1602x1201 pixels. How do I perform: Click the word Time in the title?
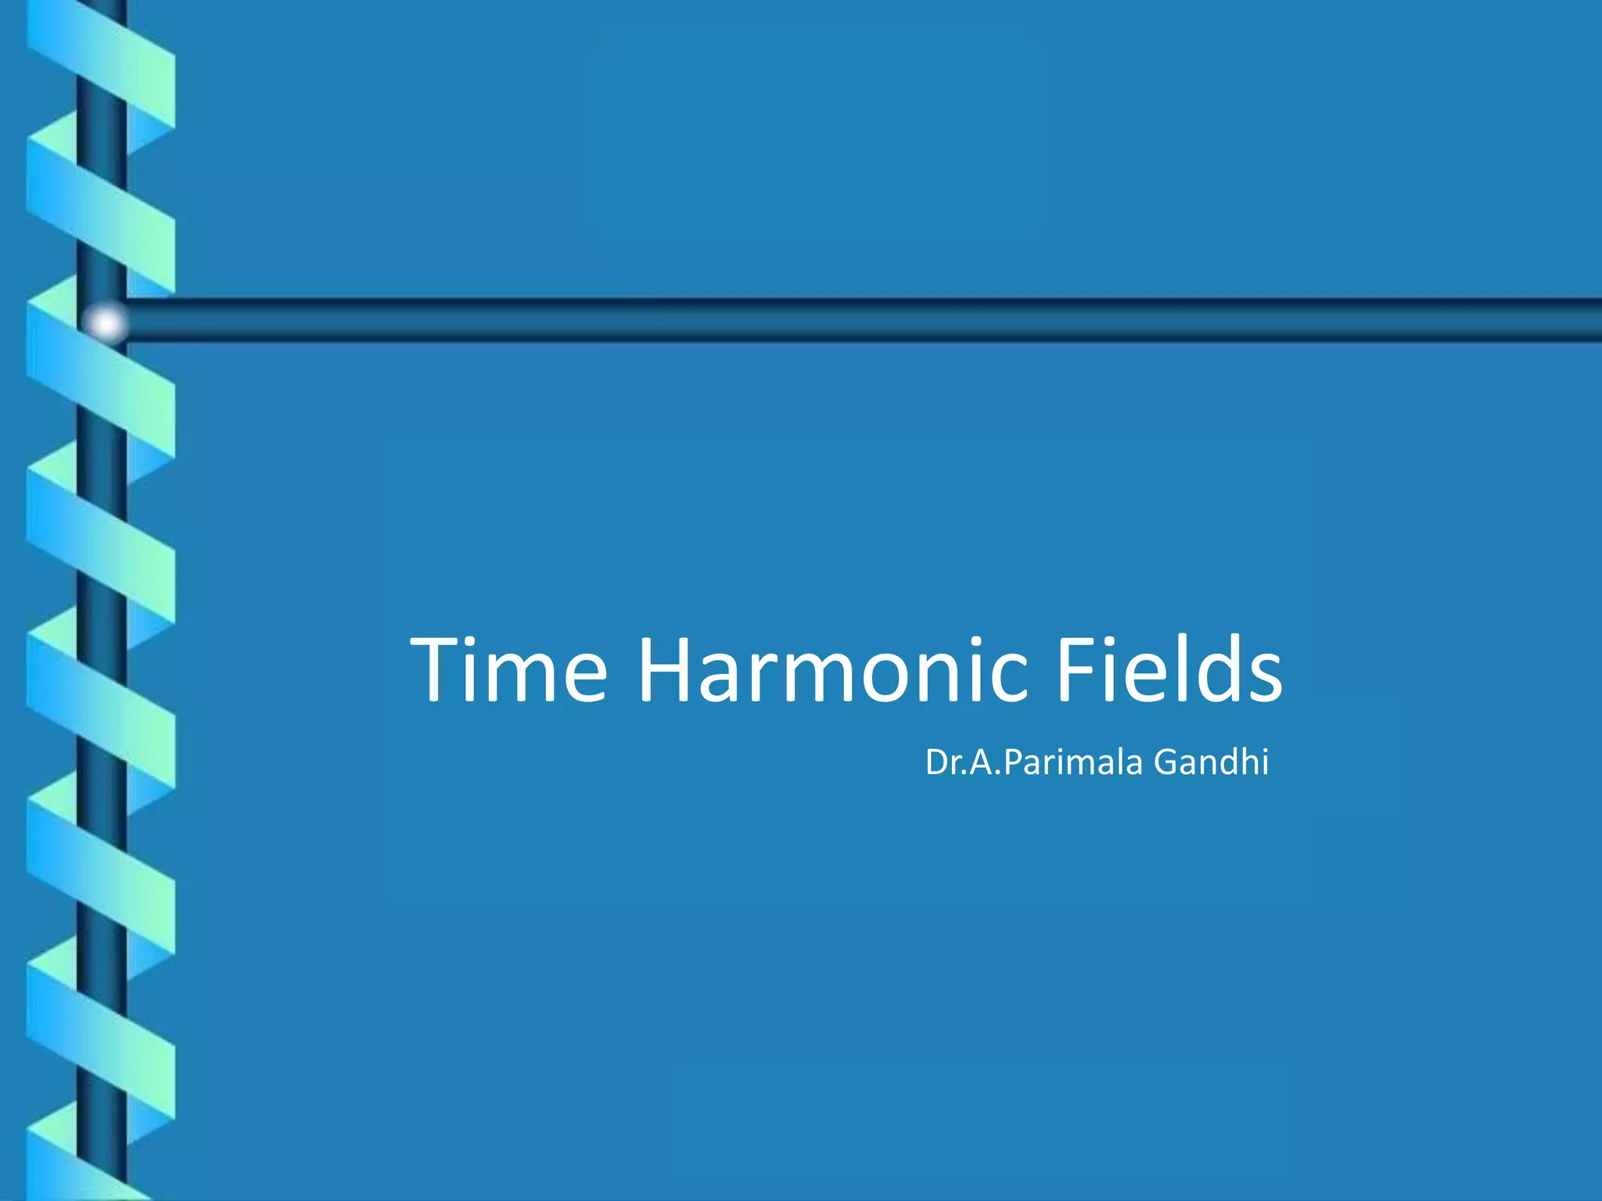click(508, 670)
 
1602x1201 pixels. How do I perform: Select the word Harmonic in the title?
click(832, 670)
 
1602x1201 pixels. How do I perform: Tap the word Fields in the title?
click(1169, 670)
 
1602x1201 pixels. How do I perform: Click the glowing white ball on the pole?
click(106, 322)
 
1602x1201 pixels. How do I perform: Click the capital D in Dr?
click(937, 762)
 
